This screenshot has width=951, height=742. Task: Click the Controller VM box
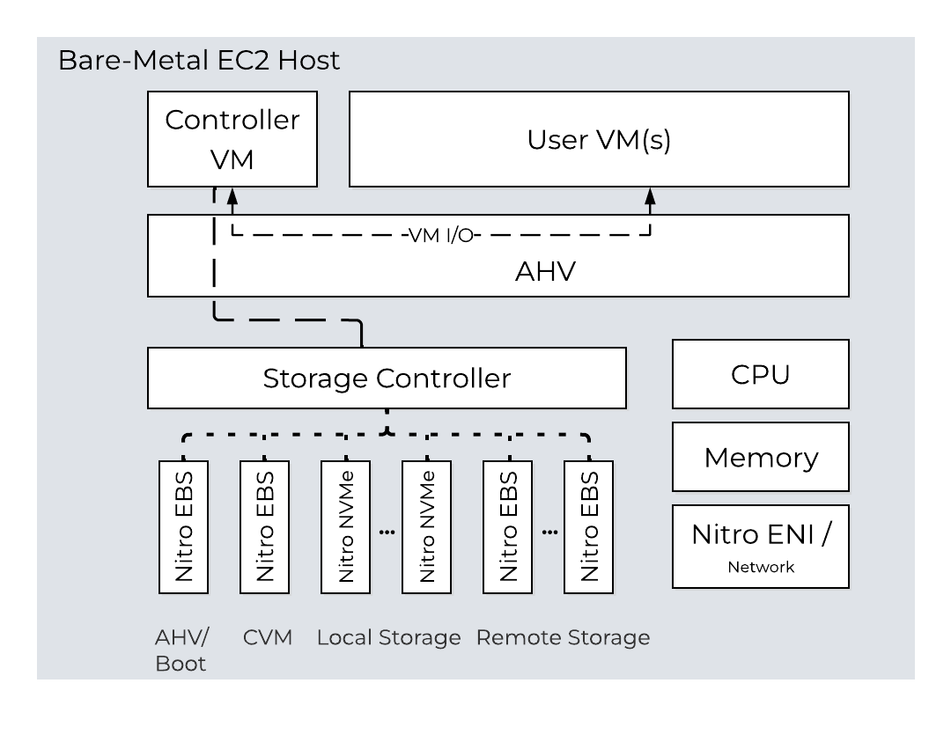click(232, 139)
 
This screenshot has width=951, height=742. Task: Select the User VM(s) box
click(599, 139)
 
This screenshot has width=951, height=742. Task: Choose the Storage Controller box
click(387, 378)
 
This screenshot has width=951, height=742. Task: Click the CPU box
click(760, 374)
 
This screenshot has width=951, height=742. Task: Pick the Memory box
click(760, 457)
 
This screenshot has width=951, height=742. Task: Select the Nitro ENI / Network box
click(760, 546)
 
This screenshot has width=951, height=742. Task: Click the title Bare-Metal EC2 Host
click(198, 62)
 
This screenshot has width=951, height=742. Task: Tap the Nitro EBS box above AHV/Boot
click(184, 526)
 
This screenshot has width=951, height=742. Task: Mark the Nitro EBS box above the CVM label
click(265, 526)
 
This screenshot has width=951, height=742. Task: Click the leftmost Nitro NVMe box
click(346, 526)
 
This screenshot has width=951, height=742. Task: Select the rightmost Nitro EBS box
click(588, 526)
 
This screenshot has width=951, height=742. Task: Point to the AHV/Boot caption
click(181, 650)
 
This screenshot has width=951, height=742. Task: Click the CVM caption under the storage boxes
click(268, 637)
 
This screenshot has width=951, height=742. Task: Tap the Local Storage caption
click(388, 637)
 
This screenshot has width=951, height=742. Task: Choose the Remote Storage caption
click(563, 637)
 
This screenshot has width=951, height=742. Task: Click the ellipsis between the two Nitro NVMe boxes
click(387, 532)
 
